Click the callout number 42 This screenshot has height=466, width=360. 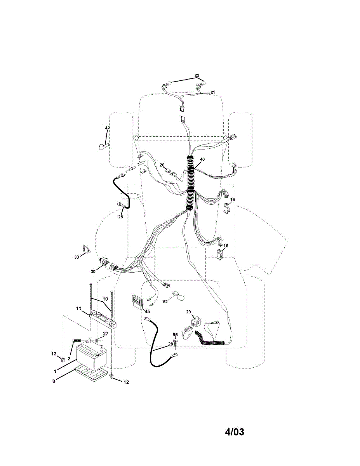(107, 128)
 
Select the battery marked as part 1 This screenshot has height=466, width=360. (91, 356)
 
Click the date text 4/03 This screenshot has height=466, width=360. (235, 432)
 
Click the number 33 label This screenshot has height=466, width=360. (77, 257)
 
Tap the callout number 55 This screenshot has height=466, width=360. (175, 335)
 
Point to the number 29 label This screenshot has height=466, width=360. (189, 312)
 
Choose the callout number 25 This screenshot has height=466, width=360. (120, 217)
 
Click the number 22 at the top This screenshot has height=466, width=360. (197, 75)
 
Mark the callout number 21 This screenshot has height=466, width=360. (212, 92)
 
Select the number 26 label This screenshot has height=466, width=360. (162, 165)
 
